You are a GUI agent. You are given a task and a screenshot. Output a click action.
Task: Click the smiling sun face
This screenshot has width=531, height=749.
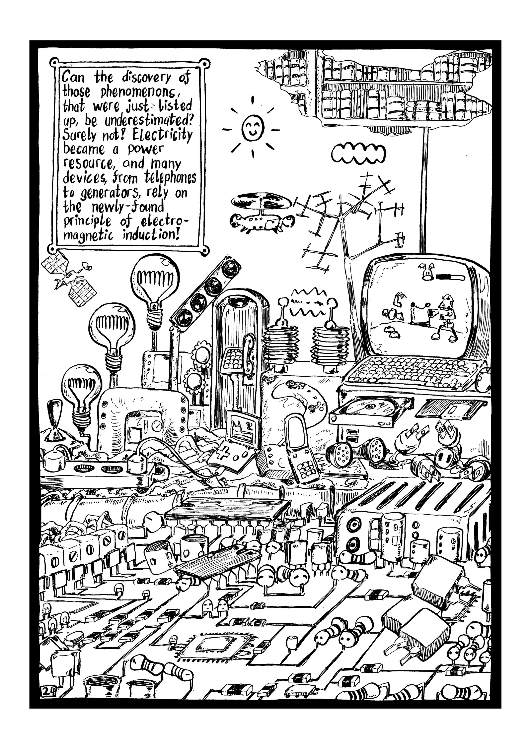pos(253,128)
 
